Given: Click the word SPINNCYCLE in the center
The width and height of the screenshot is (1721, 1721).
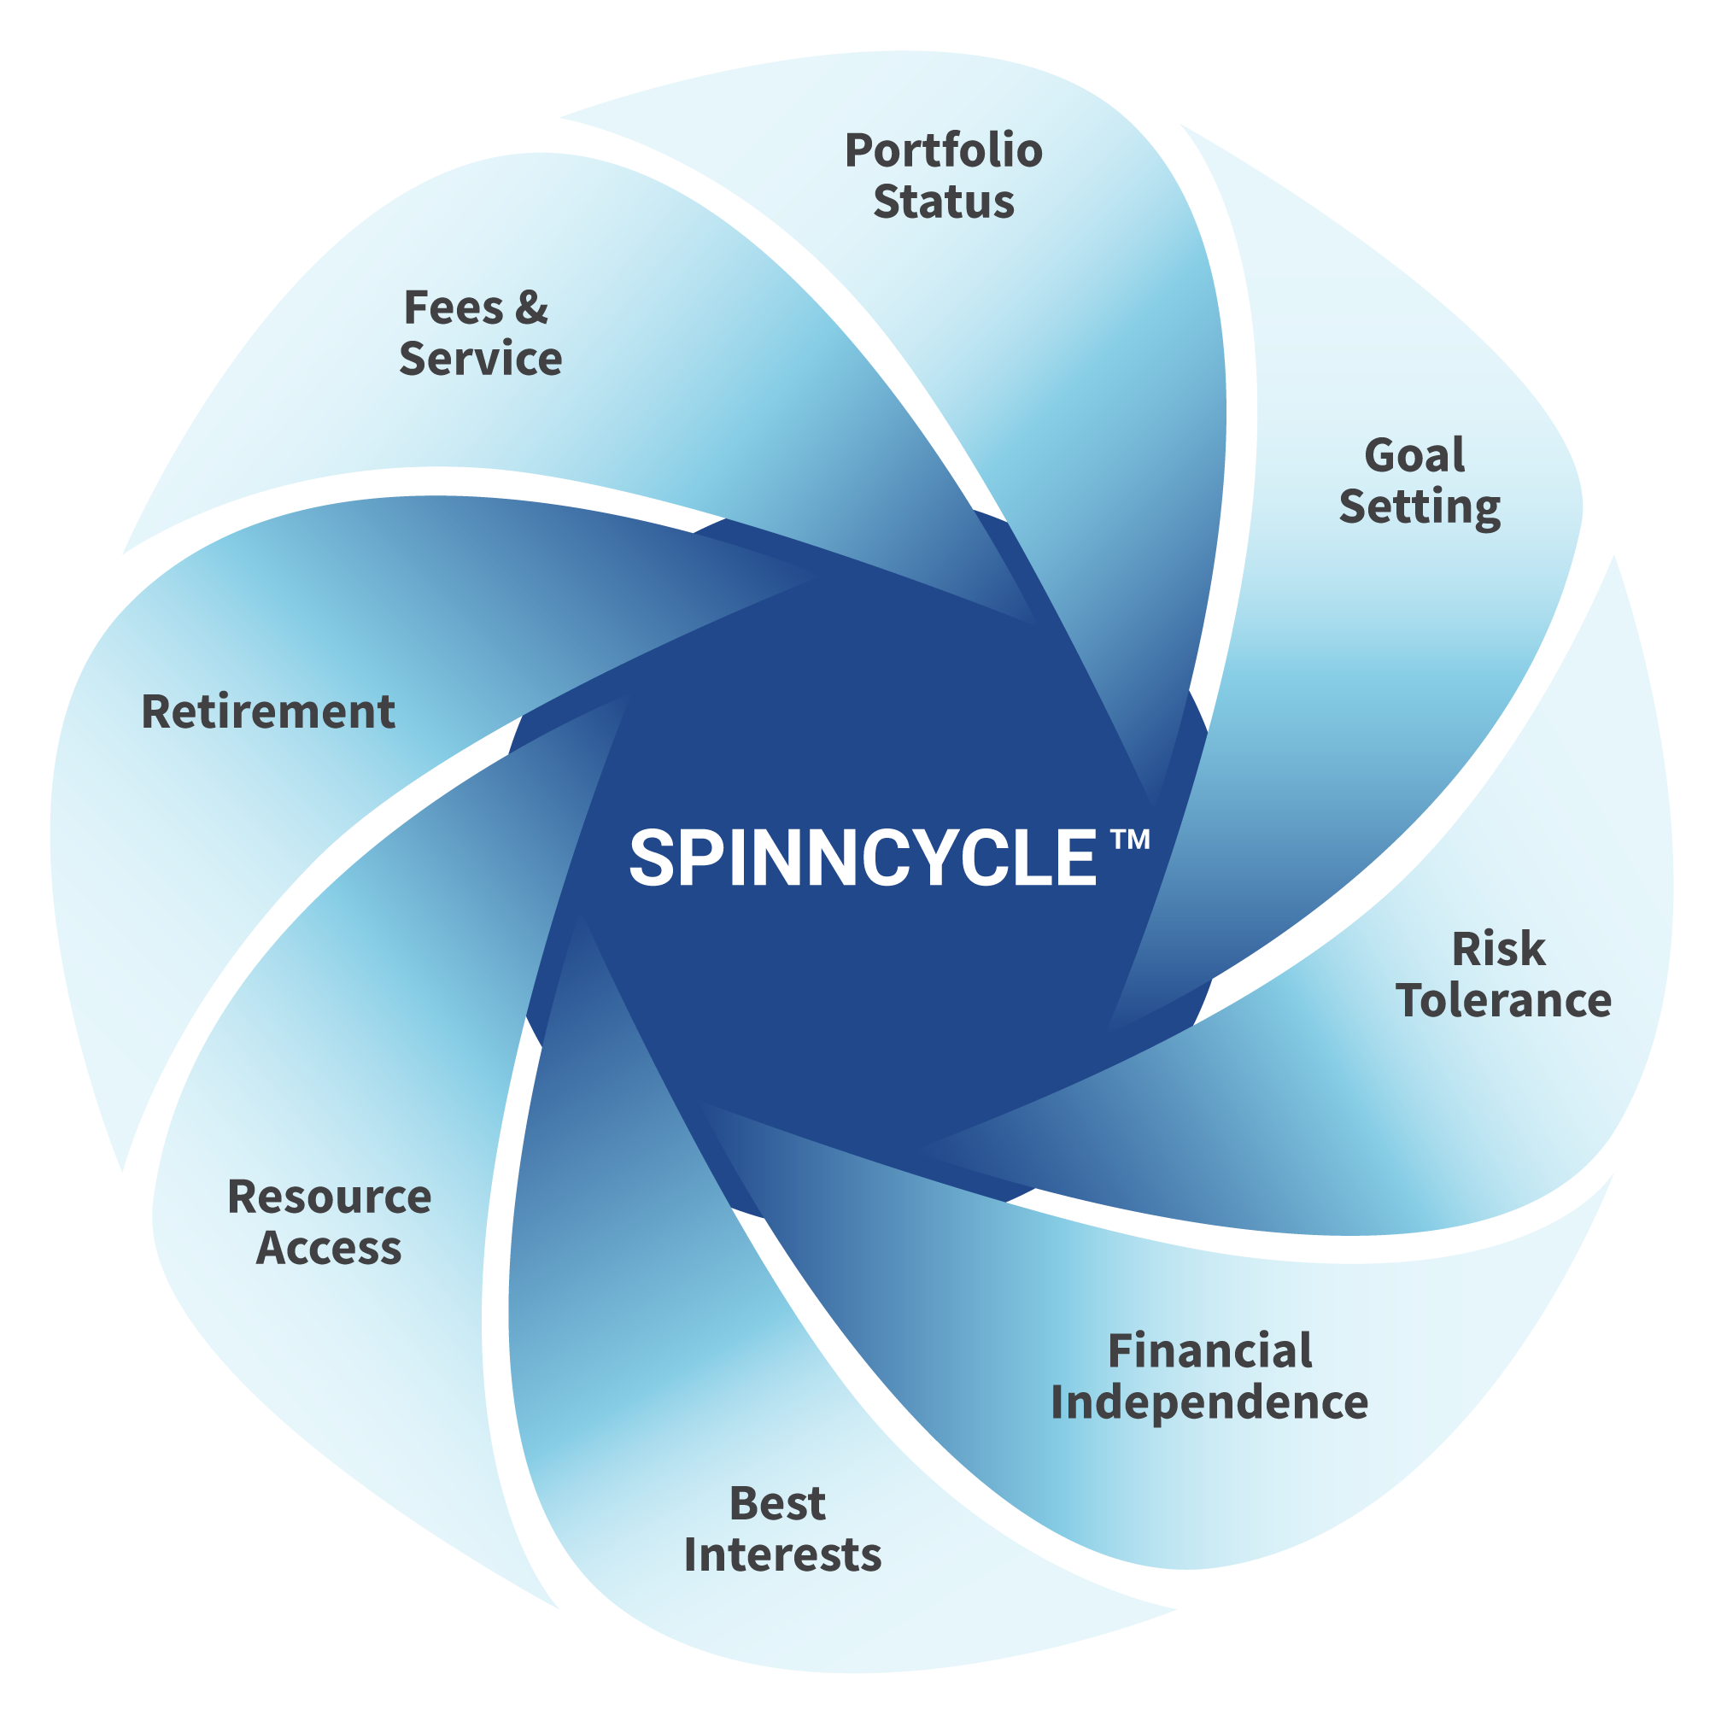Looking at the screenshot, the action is click(863, 858).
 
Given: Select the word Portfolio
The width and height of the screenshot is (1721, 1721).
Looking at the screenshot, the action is click(943, 150).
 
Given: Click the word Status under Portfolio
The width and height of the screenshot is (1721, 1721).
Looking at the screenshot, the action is click(943, 202).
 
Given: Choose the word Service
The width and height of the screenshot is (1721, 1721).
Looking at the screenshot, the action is click(480, 358).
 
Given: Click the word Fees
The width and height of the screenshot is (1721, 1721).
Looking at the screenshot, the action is click(454, 307).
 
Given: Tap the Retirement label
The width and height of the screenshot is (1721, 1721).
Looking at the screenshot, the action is click(268, 711).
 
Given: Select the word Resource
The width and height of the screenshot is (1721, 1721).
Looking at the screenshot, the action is click(330, 1197).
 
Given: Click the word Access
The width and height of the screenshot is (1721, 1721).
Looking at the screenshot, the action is click(329, 1247).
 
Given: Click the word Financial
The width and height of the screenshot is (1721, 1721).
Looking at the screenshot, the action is click(1209, 1351).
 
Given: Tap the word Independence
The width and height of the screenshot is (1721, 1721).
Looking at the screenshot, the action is click(1209, 1402).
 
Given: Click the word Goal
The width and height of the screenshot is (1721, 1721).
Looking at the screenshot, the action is click(1414, 455).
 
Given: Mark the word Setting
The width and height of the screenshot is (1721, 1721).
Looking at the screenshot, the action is click(1420, 506).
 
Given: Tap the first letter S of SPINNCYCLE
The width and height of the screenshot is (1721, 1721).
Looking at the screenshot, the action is click(652, 858).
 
